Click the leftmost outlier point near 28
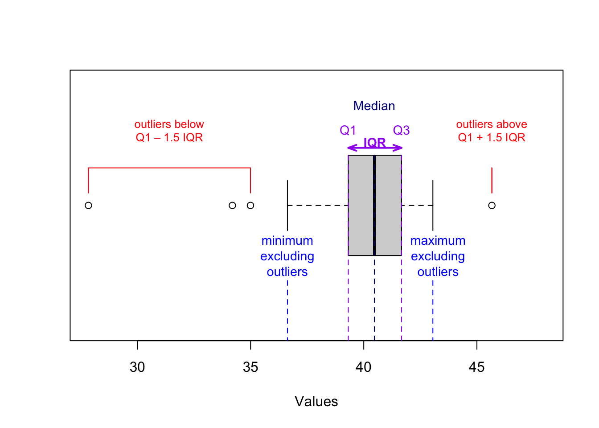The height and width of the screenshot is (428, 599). pos(88,206)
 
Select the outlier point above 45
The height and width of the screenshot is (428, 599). pos(492,206)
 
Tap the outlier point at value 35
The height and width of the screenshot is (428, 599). pos(250,206)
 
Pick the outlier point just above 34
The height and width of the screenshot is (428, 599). pos(232,206)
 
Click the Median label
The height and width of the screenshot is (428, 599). pos(374,106)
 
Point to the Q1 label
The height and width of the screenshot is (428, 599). pos(348,130)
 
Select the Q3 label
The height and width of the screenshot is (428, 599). pos(401,130)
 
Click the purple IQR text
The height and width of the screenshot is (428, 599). pos(375,142)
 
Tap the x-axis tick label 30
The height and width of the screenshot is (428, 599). pos(137,367)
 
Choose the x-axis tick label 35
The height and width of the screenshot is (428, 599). pos(250,367)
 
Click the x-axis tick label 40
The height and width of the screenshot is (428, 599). pos(363,367)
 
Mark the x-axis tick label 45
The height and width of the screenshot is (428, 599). pos(476,367)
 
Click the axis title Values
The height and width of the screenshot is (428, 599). pos(316,401)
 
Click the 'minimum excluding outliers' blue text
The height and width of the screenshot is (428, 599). pos(287,256)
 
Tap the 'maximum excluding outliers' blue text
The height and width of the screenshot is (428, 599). pos(438,256)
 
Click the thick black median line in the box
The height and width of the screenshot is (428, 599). pos(374,206)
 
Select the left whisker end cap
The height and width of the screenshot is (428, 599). pos(287,206)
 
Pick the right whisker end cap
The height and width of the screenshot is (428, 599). pos(433,206)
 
